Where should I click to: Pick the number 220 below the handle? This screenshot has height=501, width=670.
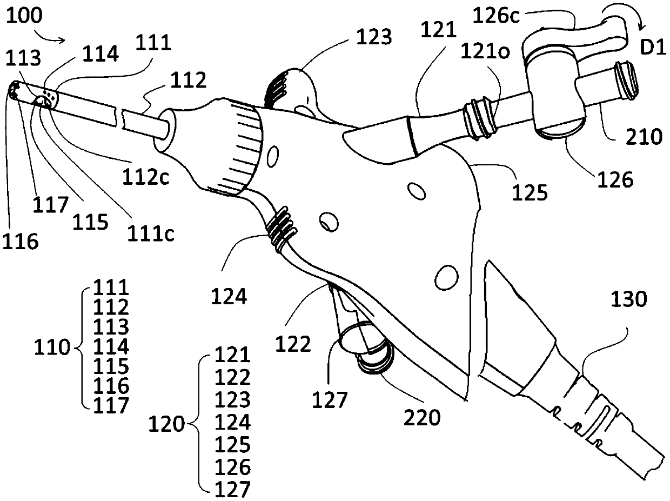pos(423,417)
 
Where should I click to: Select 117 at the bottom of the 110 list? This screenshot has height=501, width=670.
pos(111,405)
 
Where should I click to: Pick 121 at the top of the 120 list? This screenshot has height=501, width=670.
pos(233,355)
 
